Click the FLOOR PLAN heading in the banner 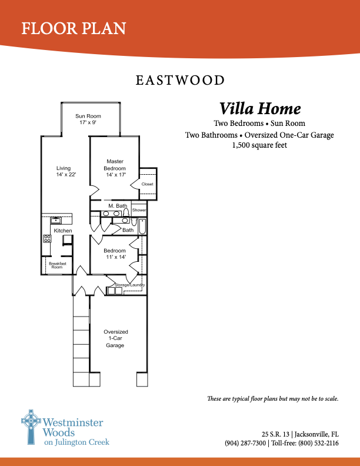click(74, 28)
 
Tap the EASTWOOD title click(180, 80)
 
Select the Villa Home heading click(260, 109)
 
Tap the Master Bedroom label click(115, 168)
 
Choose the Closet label click(147, 184)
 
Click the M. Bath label click(118, 206)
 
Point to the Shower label click(139, 210)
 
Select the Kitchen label click(63, 231)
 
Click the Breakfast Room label click(57, 265)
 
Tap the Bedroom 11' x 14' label click(115, 254)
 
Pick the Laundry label click(138, 285)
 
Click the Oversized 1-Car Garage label click(115, 339)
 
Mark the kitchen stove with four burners click(47, 239)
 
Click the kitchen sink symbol click(56, 221)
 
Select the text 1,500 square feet click(259, 145)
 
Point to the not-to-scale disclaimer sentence click(273, 399)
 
